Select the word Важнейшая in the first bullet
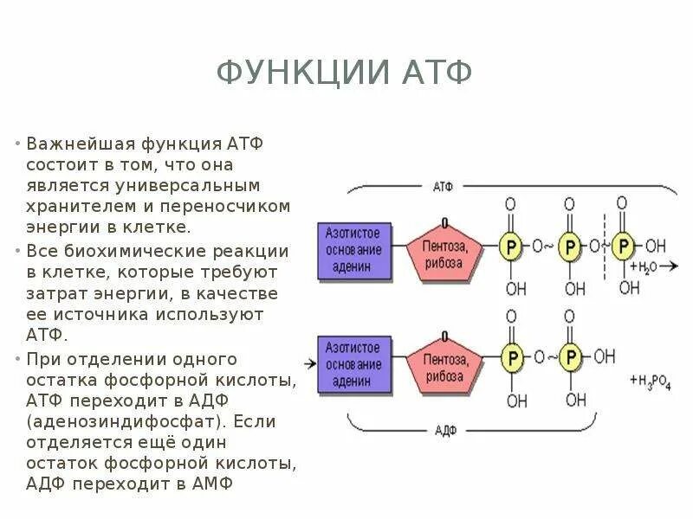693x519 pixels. (75, 143)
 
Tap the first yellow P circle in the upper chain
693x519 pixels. (511, 247)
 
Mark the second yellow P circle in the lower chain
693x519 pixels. (569, 356)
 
